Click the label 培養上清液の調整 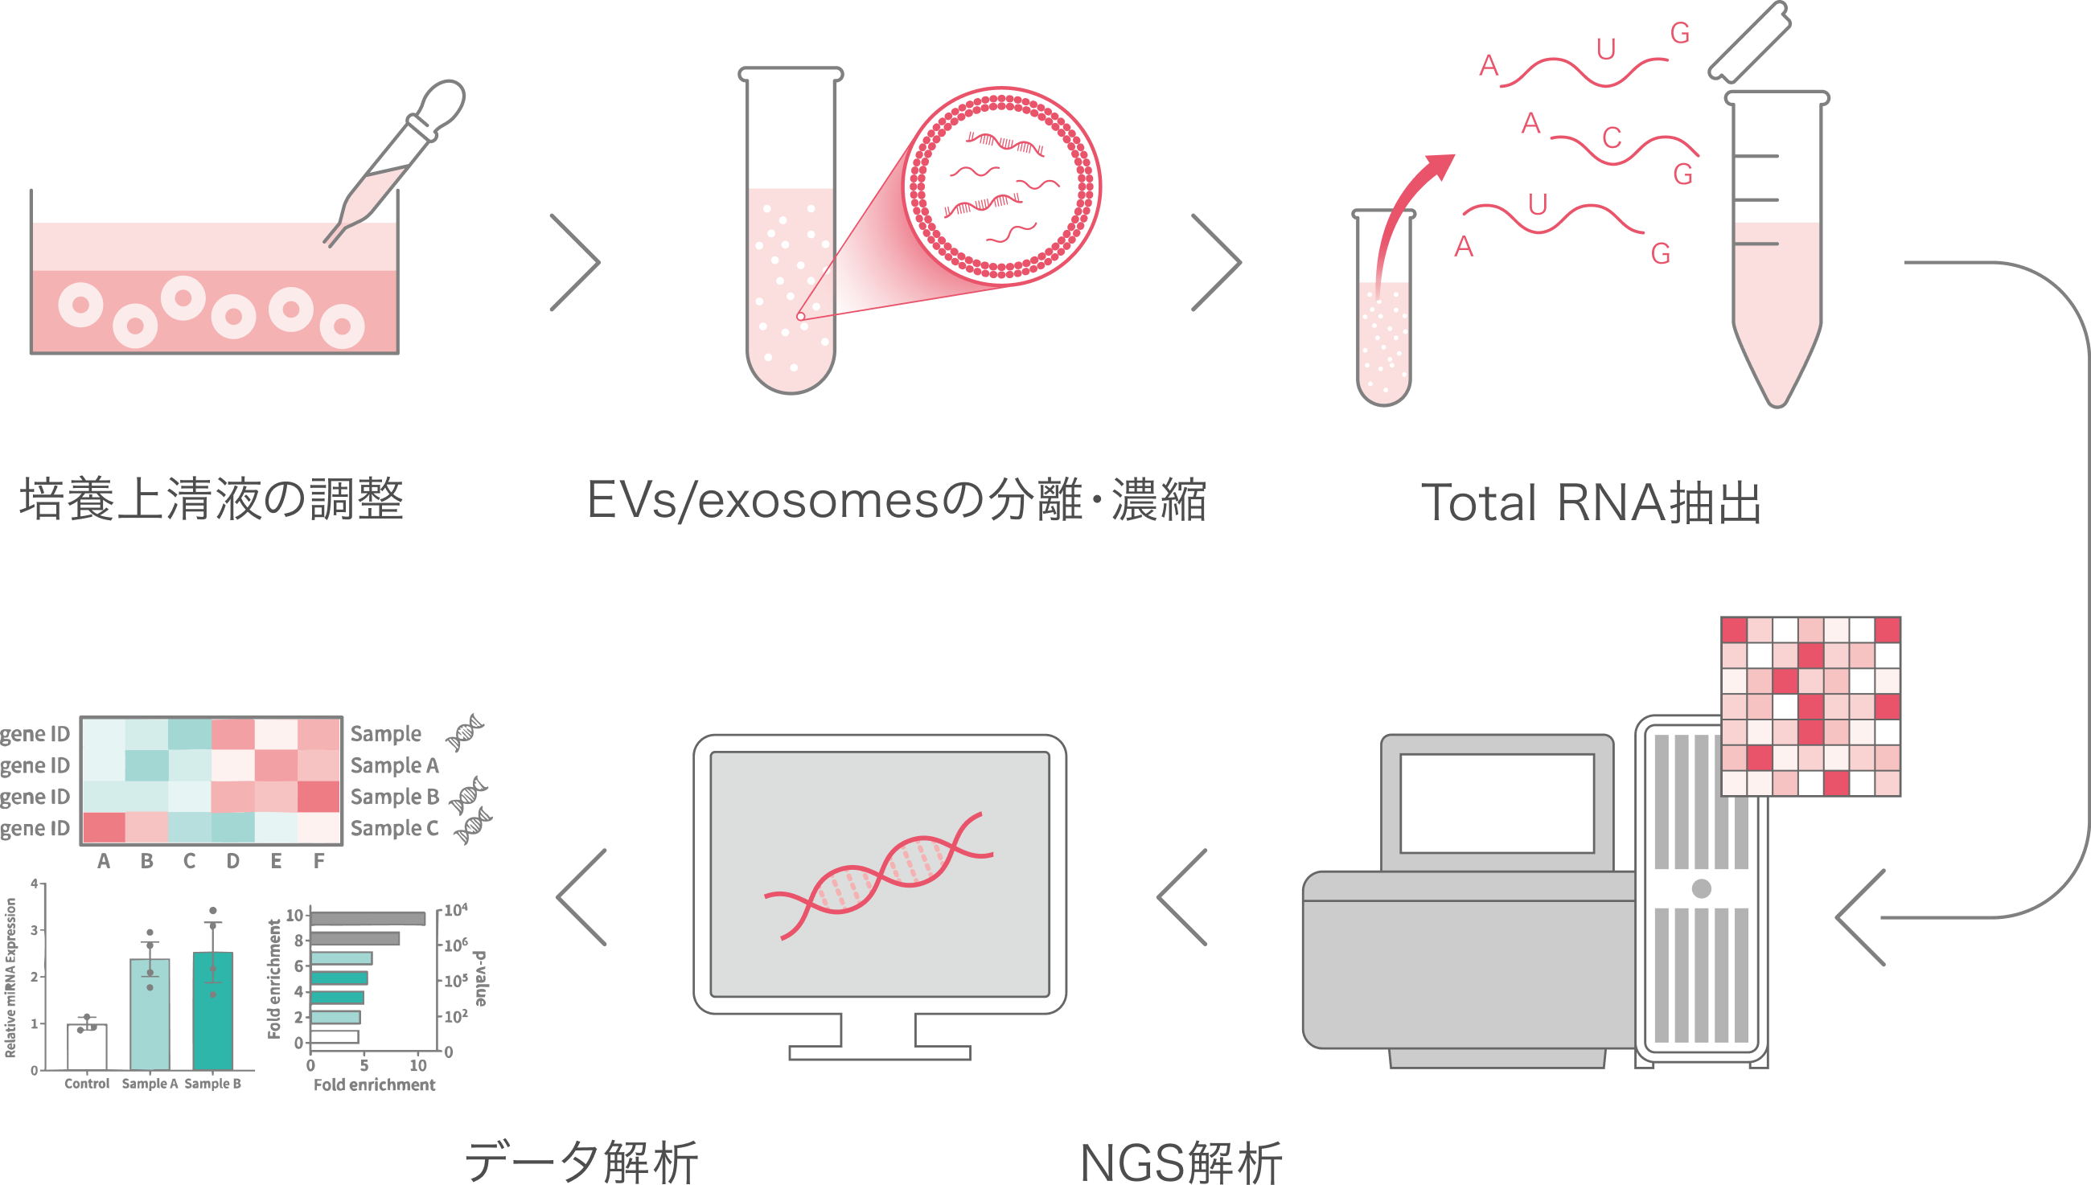tap(212, 498)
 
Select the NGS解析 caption tap(1180, 1162)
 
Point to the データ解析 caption tap(581, 1161)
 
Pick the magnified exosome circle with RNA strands tap(1003, 185)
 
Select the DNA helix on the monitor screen tap(879, 875)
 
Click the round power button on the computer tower tap(1701, 888)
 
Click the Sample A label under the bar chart tap(150, 1083)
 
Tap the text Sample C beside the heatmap tap(395, 829)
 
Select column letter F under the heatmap tap(319, 860)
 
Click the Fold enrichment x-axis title tap(375, 1085)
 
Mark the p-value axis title tap(481, 978)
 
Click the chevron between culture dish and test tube tap(576, 262)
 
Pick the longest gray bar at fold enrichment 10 tap(368, 918)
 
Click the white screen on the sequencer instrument tap(1496, 802)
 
